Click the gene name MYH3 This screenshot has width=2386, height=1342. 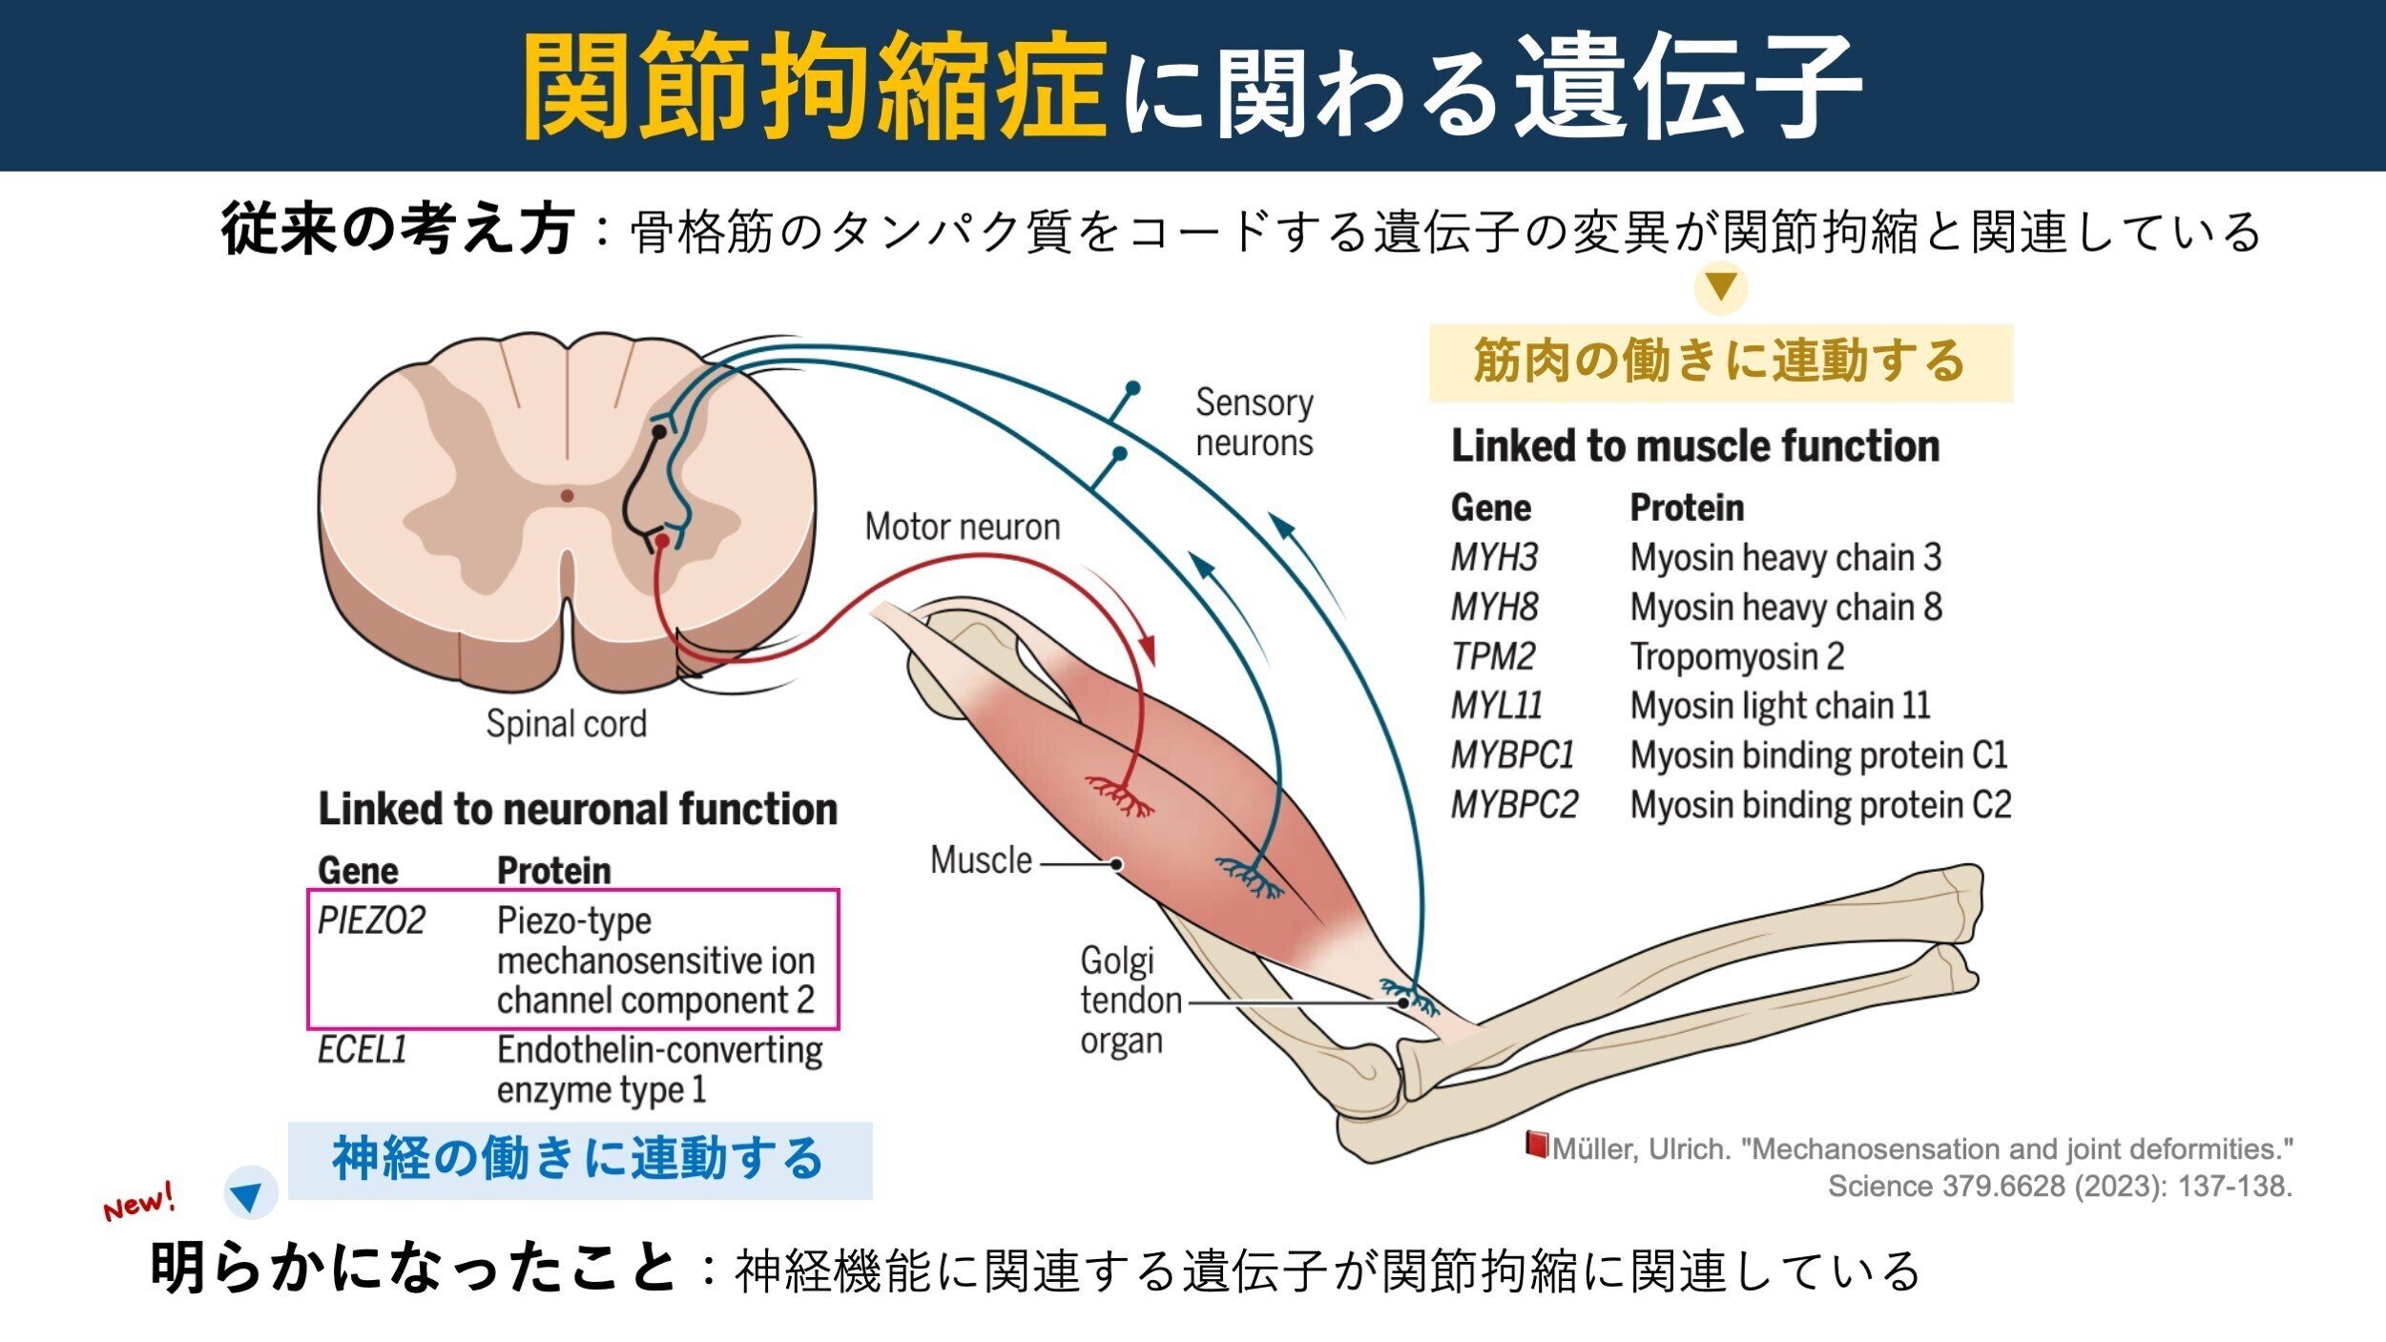click(x=1494, y=557)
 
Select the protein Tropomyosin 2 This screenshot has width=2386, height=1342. click(x=1736, y=656)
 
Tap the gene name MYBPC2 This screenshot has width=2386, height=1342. click(x=1514, y=804)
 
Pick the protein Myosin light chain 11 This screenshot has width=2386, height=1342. click(x=1780, y=706)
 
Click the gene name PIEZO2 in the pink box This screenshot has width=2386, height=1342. click(x=371, y=920)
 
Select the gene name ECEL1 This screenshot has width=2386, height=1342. click(x=363, y=1049)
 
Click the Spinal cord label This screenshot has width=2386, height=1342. click(x=566, y=723)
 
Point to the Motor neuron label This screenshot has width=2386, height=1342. click(x=962, y=526)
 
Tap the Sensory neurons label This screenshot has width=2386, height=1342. click(x=1254, y=423)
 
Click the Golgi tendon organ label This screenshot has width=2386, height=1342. click(x=1121, y=1001)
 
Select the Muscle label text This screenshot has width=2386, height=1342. click(x=981, y=860)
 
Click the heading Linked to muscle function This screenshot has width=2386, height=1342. click(x=1695, y=445)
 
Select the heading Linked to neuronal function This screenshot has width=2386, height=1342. click(x=577, y=809)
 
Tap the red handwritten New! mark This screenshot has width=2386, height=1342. click(x=139, y=1202)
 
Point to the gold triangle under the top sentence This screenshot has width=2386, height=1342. click(x=1720, y=287)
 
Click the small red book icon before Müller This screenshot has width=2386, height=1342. click(x=1535, y=1144)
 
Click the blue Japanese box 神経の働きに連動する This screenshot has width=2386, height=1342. click(x=579, y=1160)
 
